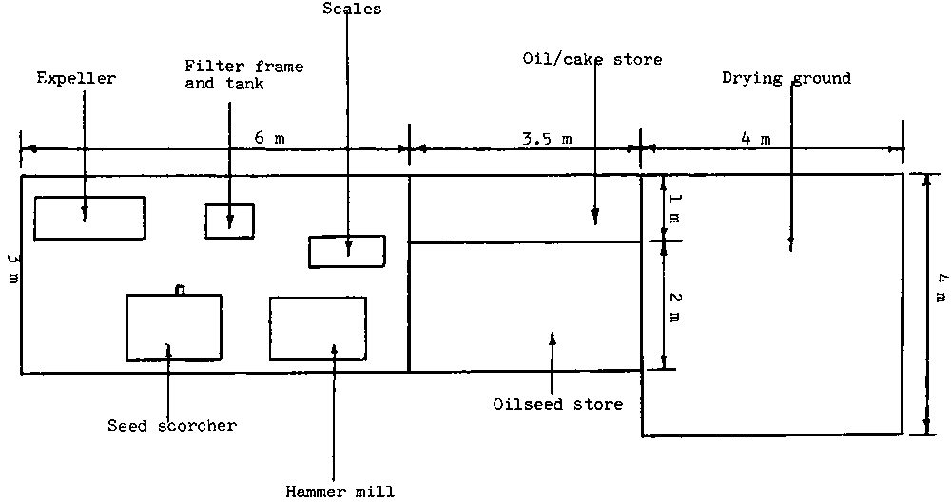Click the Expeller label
click(x=75, y=78)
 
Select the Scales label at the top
click(x=346, y=9)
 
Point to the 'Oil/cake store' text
click(x=592, y=59)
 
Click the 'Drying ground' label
click(x=786, y=78)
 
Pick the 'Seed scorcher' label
click(x=171, y=425)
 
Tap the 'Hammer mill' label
click(x=340, y=491)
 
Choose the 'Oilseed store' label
click(x=557, y=404)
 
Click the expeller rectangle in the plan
click(x=89, y=218)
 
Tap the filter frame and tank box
click(x=230, y=221)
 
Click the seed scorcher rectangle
click(x=174, y=327)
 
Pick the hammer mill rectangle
click(x=318, y=329)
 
